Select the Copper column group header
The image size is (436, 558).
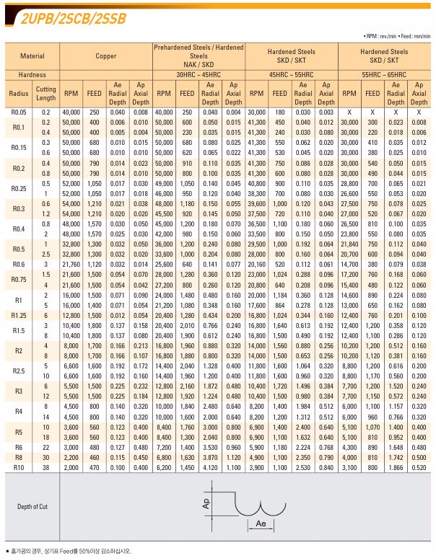point(105,56)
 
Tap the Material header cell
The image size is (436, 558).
point(32,56)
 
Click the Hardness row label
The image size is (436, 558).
point(32,74)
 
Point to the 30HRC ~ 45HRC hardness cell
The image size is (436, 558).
point(198,74)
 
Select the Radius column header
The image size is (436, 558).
point(18,94)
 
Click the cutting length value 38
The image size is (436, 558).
point(46,467)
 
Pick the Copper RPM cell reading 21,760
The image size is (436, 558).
point(71,265)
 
